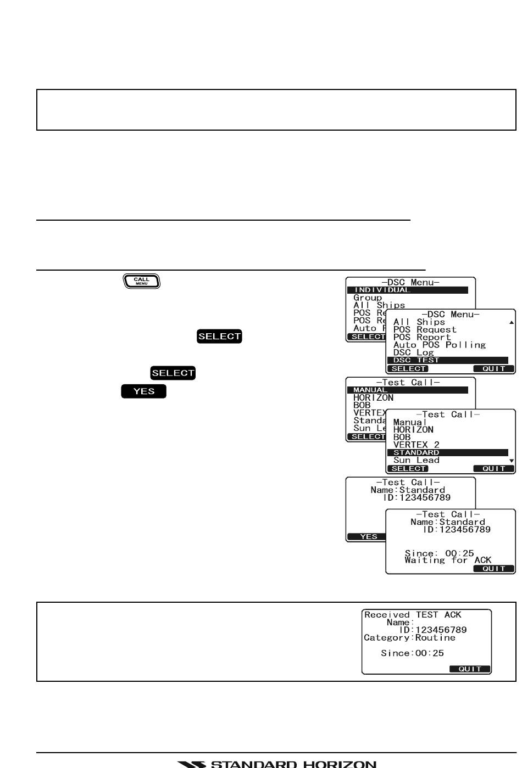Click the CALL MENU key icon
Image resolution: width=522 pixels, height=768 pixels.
pyautogui.click(x=141, y=281)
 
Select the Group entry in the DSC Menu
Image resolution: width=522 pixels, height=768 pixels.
pyautogui.click(x=368, y=298)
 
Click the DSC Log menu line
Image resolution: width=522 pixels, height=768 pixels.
pyautogui.click(x=413, y=352)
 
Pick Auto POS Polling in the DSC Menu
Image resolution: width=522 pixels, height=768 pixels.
pyautogui.click(x=439, y=345)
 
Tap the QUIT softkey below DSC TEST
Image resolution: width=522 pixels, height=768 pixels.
pyautogui.click(x=493, y=369)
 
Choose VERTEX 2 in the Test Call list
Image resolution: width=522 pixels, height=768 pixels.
pyautogui.click(x=416, y=445)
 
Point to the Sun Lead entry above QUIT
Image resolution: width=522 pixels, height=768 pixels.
pyautogui.click(x=416, y=460)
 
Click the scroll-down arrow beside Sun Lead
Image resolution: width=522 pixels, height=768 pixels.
pyautogui.click(x=512, y=461)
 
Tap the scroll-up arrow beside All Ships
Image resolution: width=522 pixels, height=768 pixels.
pyautogui.click(x=512, y=322)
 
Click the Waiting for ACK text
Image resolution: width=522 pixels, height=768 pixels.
pyautogui.click(x=448, y=560)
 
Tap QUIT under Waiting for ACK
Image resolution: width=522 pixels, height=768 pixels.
pyautogui.click(x=493, y=569)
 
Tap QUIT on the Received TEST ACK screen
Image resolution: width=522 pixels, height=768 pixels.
pyautogui.click(x=470, y=669)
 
